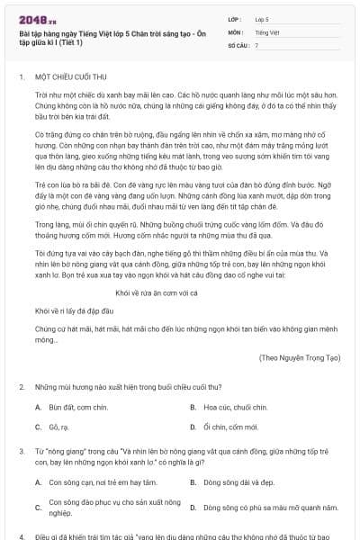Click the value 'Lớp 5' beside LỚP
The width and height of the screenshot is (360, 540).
262,18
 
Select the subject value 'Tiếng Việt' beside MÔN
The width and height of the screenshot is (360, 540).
266,31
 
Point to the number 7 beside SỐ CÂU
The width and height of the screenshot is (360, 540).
256,44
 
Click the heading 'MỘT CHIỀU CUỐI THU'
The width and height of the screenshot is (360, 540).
68,78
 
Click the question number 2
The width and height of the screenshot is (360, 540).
21,386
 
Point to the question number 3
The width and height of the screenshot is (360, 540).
21,448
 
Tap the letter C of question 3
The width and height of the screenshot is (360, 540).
38,507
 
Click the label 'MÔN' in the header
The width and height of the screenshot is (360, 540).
235,31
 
